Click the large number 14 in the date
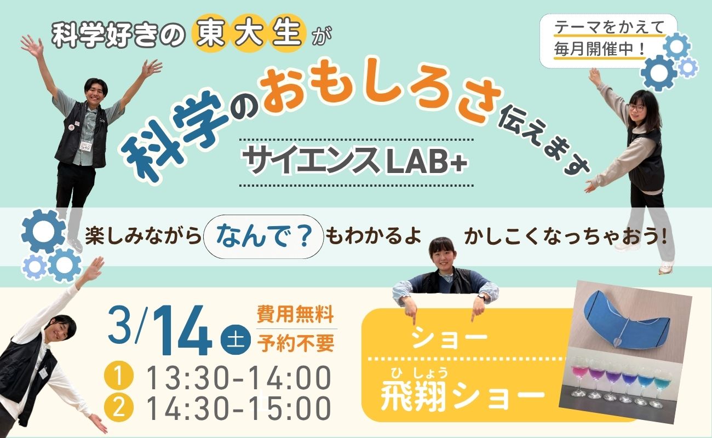(x=183, y=331)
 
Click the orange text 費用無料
(x=295, y=314)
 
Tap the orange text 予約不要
(x=295, y=343)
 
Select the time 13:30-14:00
(x=239, y=378)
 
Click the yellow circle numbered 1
(x=118, y=378)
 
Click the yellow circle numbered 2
(x=118, y=408)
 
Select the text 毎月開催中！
(x=600, y=50)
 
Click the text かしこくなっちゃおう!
(x=565, y=238)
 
